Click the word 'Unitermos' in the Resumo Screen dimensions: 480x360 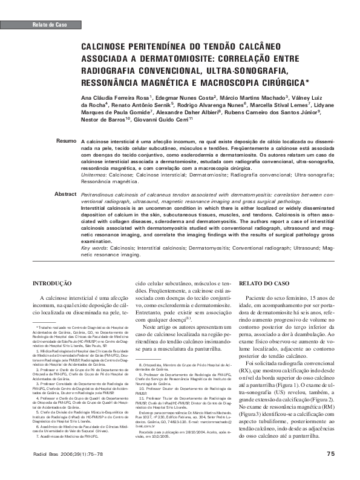point(97,174)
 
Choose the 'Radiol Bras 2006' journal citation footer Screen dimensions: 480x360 point(63,453)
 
